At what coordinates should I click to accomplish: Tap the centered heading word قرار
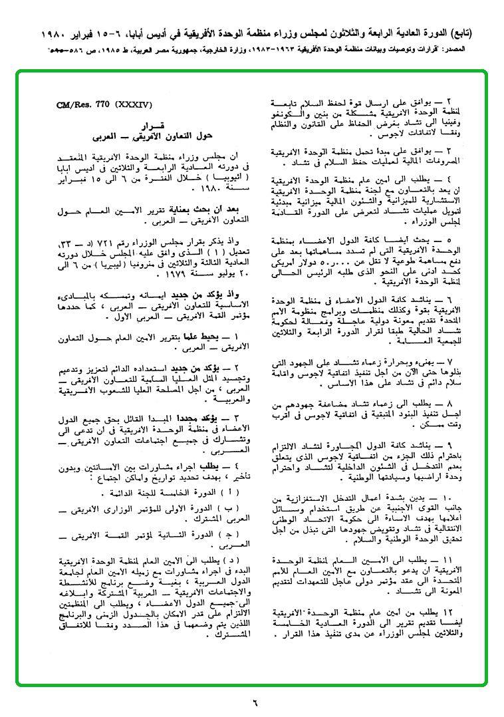[148, 125]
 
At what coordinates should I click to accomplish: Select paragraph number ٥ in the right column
[445, 237]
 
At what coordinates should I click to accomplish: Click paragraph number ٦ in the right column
[445, 301]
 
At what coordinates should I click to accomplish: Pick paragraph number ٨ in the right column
[445, 405]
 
